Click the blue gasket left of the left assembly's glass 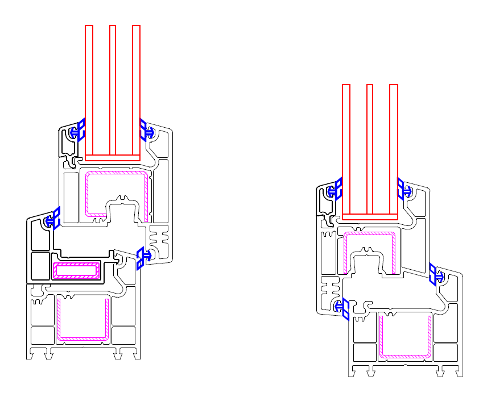coord(77,131)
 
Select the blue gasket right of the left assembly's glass coord(146,131)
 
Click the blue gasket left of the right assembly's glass coord(335,190)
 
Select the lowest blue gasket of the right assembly coord(342,308)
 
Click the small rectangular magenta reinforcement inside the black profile coord(76,270)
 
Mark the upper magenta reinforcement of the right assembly coord(345,250)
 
